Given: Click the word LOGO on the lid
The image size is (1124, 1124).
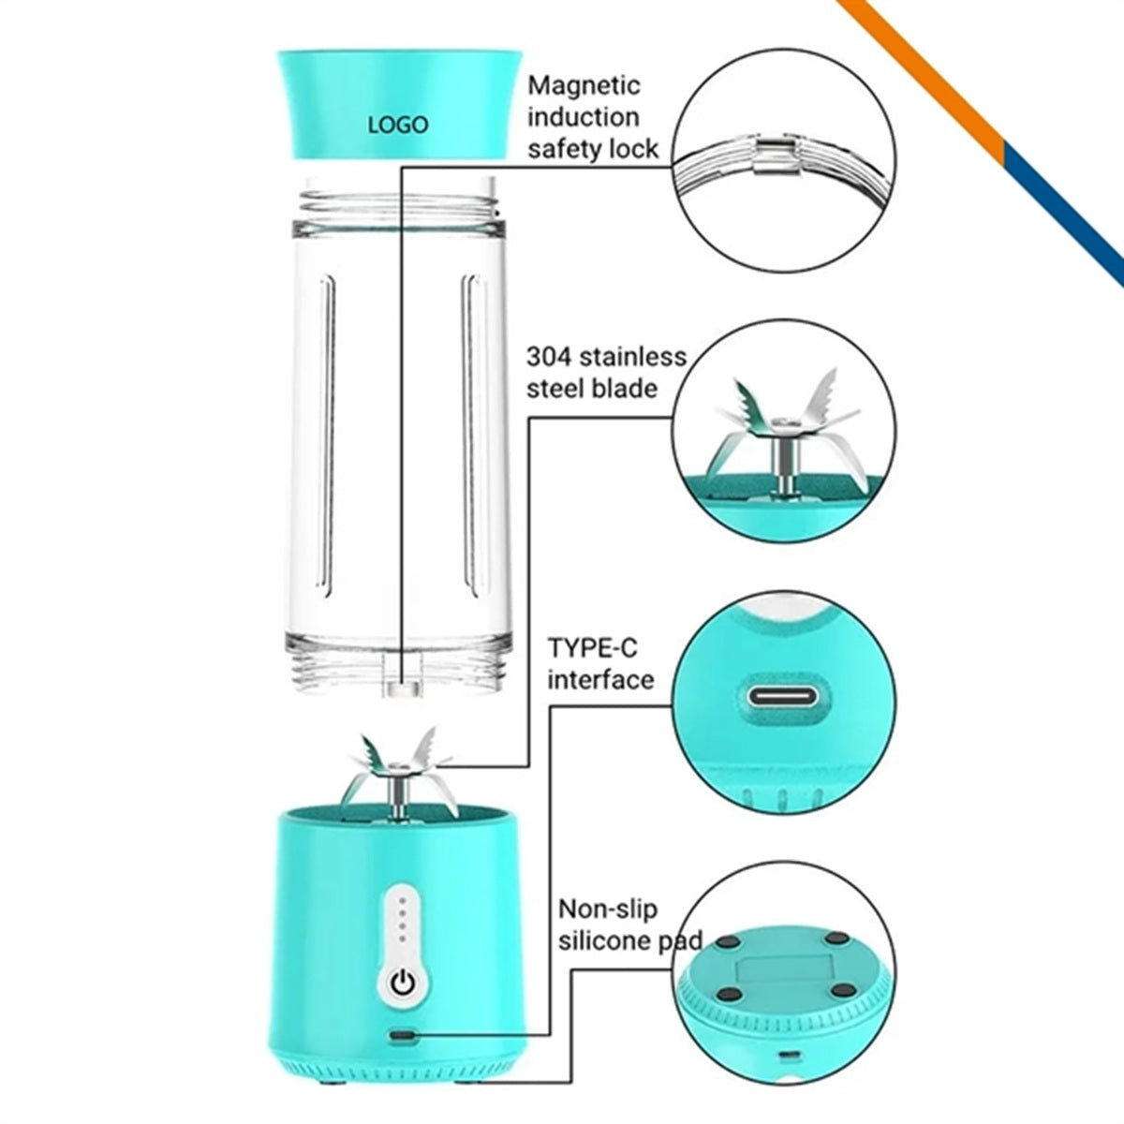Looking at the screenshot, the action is (398, 125).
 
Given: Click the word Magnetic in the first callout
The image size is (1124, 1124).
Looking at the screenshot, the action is (584, 86).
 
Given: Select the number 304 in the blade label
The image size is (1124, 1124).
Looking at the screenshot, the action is (549, 356).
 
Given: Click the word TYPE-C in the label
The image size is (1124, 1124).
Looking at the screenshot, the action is (593, 648).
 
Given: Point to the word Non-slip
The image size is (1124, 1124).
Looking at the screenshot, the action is (608, 909).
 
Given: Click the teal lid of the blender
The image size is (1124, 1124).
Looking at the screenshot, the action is (399, 104).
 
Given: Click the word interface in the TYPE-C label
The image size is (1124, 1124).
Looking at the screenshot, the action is (600, 679).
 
